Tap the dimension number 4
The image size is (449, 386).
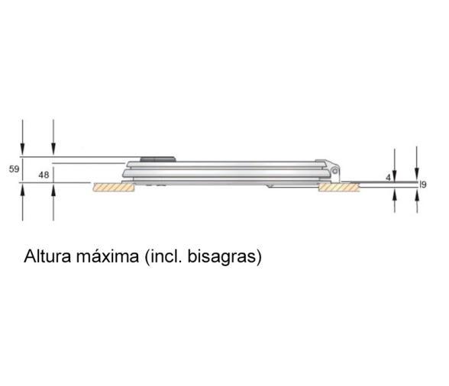coord(388,177)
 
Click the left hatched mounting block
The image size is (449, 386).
coord(114,187)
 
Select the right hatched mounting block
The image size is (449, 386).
coord(336,187)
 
